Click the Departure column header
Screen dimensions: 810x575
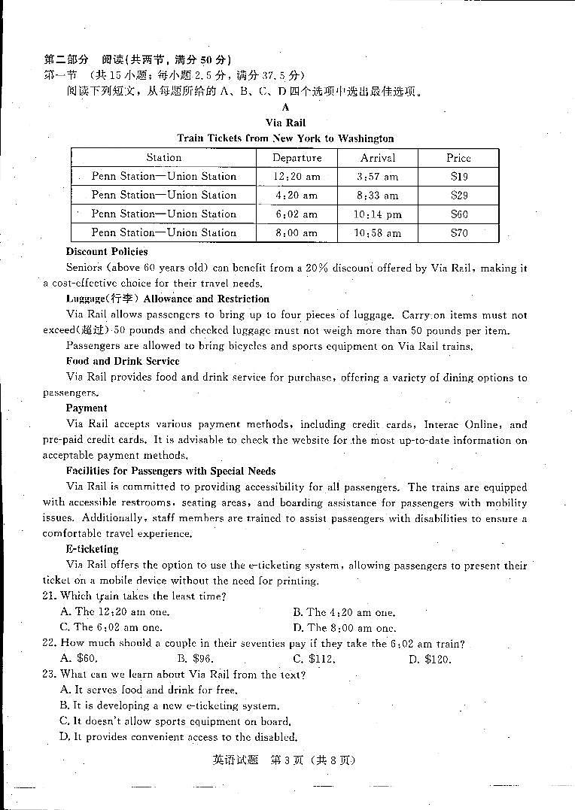pos(297,158)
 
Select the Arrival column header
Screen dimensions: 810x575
pos(378,158)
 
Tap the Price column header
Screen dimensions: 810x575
pos(458,158)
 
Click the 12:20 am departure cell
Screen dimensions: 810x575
pos(297,177)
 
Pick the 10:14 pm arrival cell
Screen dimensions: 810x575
pos(378,214)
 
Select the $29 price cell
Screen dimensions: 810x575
pos(459,196)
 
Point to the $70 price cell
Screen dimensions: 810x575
pos(459,233)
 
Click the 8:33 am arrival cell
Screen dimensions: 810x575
pos(378,196)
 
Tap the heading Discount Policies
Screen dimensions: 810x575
pos(107,252)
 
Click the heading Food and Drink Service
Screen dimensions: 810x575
pos(123,362)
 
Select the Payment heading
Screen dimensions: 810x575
pos(87,408)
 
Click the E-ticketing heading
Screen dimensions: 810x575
pos(92,549)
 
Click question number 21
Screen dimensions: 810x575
pos(50,596)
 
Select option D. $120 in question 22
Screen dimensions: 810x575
pos(429,659)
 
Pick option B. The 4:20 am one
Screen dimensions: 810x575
pos(344,612)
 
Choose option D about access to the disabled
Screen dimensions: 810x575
pos(178,737)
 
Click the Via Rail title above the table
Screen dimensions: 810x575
pos(285,123)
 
